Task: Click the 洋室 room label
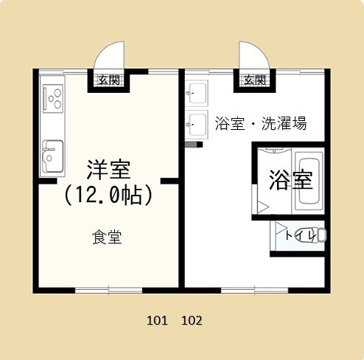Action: (x=108, y=170)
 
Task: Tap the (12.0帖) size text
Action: (x=108, y=195)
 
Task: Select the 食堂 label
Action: (x=107, y=237)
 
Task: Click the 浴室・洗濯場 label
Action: (x=261, y=123)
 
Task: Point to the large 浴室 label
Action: (x=291, y=179)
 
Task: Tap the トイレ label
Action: (x=300, y=235)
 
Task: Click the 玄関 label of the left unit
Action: (x=109, y=80)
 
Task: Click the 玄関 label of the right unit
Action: (x=255, y=80)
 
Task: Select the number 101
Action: (x=157, y=321)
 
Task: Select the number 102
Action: (x=192, y=321)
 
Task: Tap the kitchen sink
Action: (x=52, y=156)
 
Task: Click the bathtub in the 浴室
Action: (x=309, y=181)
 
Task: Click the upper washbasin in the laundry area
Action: (x=197, y=93)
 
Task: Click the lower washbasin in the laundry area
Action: (x=197, y=125)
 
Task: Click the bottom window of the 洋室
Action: (x=108, y=291)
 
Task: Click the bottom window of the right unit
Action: (x=254, y=291)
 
